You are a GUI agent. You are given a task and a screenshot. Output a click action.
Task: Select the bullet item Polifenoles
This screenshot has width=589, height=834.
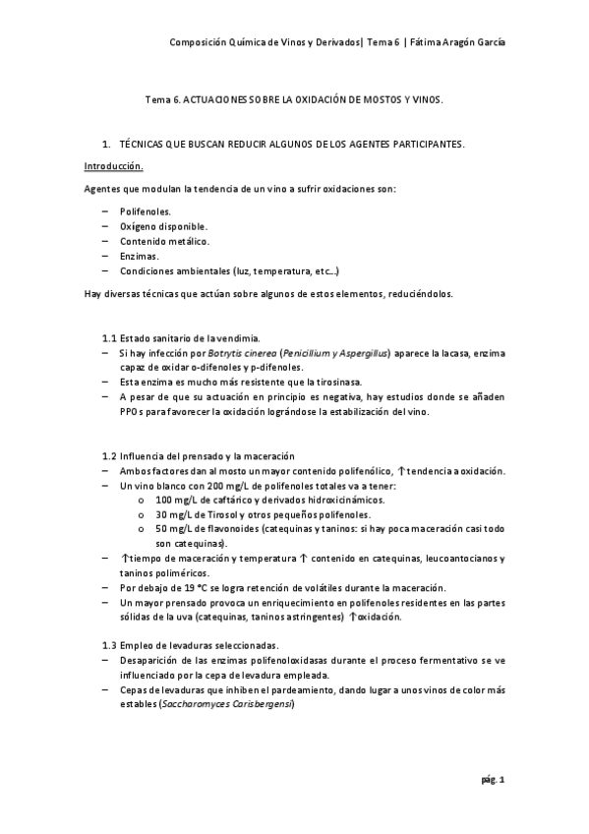point(145,211)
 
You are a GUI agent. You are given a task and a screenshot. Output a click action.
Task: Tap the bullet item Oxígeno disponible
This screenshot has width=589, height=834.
point(163,226)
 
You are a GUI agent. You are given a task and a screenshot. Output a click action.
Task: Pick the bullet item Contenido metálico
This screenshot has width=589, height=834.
point(164,241)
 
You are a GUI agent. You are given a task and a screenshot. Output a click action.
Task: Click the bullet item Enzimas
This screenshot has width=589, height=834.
point(139,256)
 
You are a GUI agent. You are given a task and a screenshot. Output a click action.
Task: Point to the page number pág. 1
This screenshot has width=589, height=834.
point(494,779)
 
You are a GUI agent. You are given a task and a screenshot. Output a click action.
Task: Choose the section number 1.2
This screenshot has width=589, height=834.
point(110,456)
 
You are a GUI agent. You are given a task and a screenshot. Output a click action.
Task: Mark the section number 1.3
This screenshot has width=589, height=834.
point(110,645)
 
